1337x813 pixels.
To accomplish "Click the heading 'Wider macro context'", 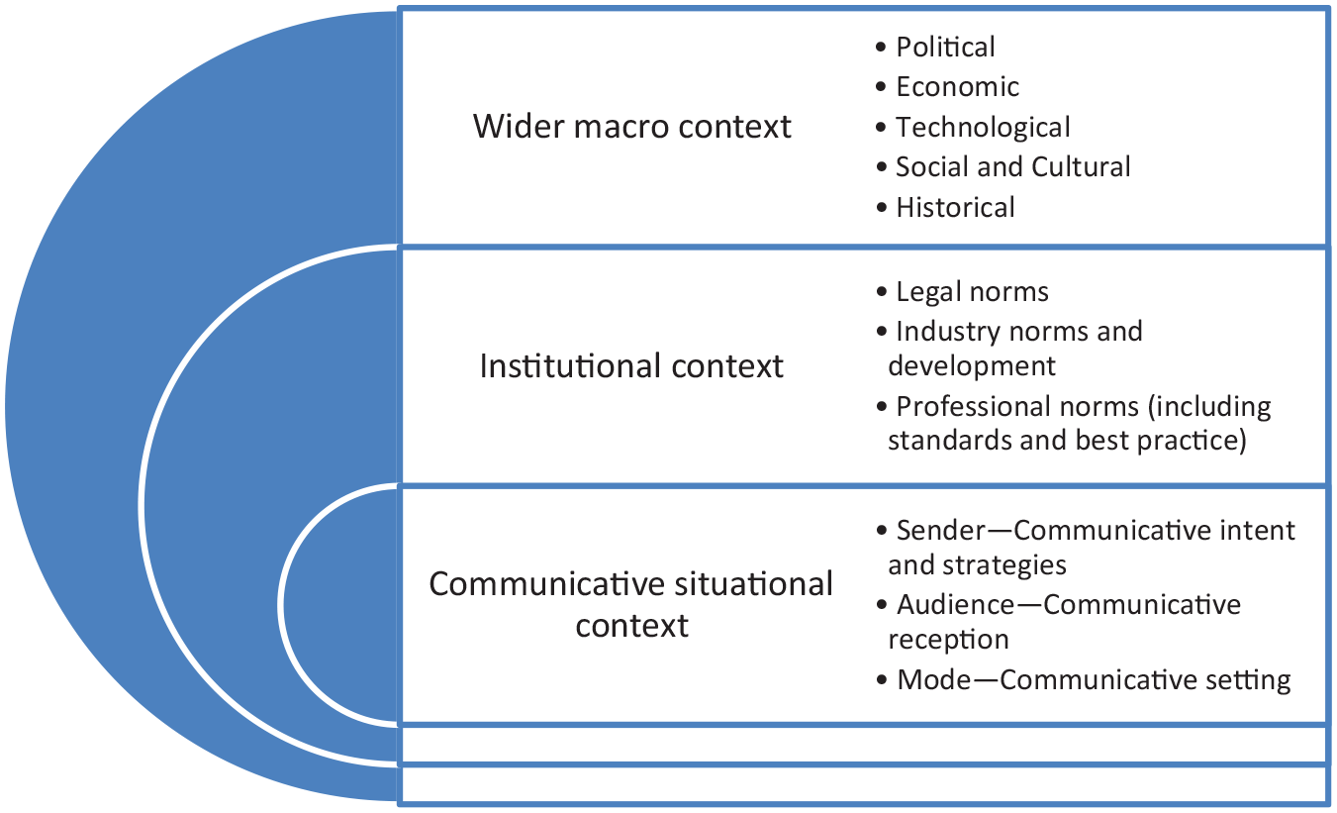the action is (x=632, y=126).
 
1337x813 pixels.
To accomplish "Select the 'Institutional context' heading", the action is (x=631, y=365).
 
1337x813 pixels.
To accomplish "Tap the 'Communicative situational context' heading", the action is (x=631, y=604).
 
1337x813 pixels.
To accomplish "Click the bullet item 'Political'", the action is (x=934, y=47).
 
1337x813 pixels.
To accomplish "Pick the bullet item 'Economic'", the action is (x=947, y=86).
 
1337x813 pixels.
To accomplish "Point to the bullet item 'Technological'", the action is (x=973, y=127).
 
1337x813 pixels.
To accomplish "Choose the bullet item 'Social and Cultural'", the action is (x=1003, y=166).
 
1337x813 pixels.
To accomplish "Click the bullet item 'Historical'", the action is (x=945, y=207).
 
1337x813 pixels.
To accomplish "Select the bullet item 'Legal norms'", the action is (x=962, y=292).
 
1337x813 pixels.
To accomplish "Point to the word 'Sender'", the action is (x=941, y=531).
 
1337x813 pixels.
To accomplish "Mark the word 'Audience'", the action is (x=956, y=604).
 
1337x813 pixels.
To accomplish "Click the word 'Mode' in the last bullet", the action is (x=934, y=679).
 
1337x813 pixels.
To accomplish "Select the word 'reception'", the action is (x=948, y=640).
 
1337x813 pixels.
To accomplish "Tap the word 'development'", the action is (x=972, y=366).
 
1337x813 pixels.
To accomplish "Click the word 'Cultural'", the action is (x=1081, y=166).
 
